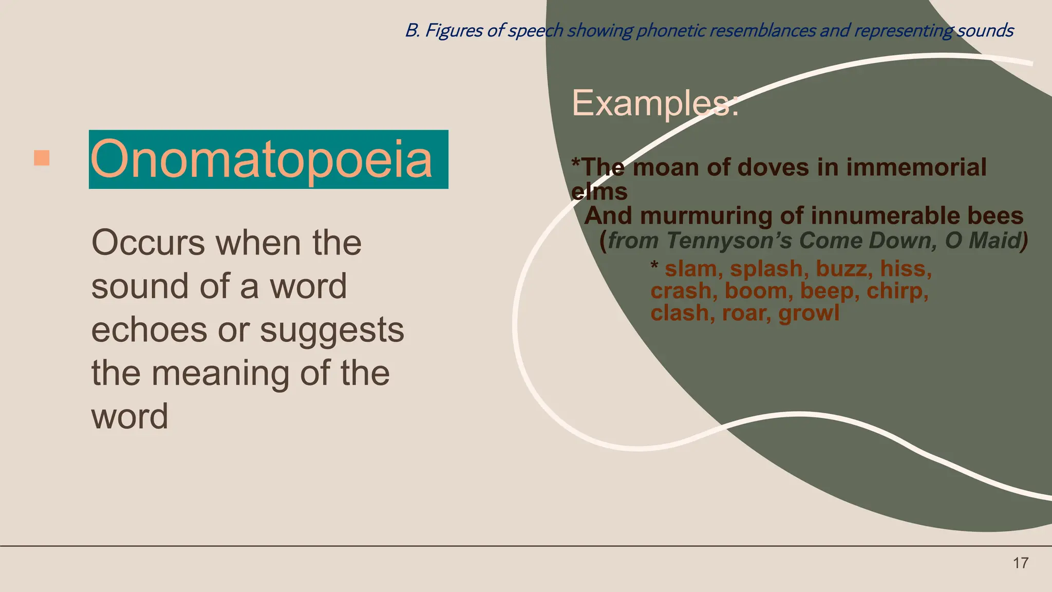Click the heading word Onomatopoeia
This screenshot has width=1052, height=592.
pyautogui.click(x=261, y=160)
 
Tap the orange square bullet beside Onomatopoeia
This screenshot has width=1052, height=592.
pyautogui.click(x=42, y=158)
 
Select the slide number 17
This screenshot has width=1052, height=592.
pyautogui.click(x=1020, y=563)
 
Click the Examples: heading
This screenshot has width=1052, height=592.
pyautogui.click(x=655, y=103)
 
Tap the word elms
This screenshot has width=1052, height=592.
pyautogui.click(x=599, y=192)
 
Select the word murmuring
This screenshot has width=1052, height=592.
pyautogui.click(x=706, y=216)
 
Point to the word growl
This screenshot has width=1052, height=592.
pyautogui.click(x=809, y=313)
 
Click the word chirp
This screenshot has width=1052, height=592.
pyautogui.click(x=897, y=291)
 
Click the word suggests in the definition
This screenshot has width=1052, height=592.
pyautogui.click(x=332, y=331)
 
